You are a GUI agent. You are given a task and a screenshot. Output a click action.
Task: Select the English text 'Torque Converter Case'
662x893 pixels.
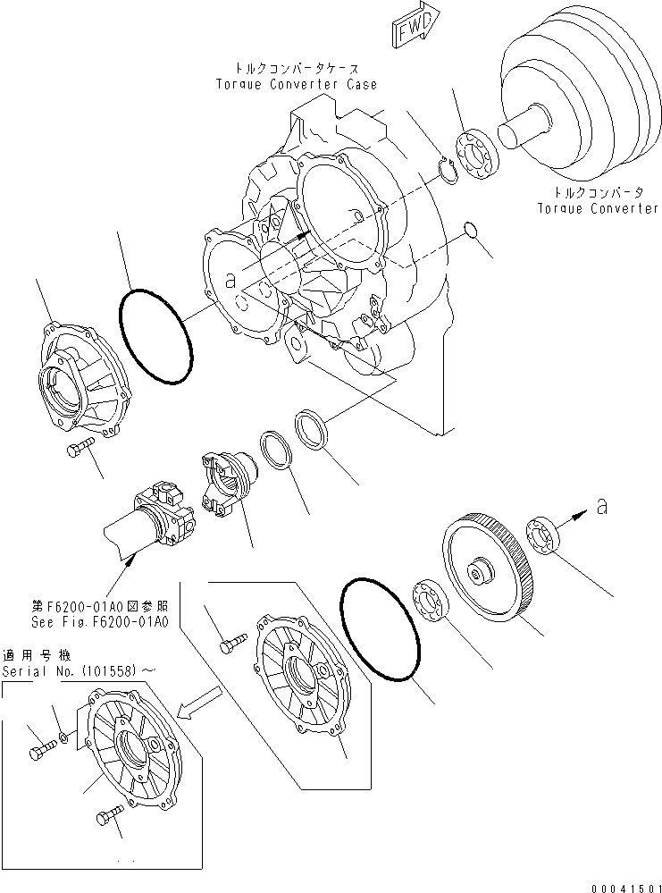pos(296,84)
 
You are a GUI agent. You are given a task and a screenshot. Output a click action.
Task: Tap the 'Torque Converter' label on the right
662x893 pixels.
pos(598,208)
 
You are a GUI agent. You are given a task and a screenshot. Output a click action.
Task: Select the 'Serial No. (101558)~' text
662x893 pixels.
pos(71,670)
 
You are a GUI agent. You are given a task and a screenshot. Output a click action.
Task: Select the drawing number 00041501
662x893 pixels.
pos(617,881)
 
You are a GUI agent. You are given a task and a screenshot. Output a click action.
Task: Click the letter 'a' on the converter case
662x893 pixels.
pos(230,281)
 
